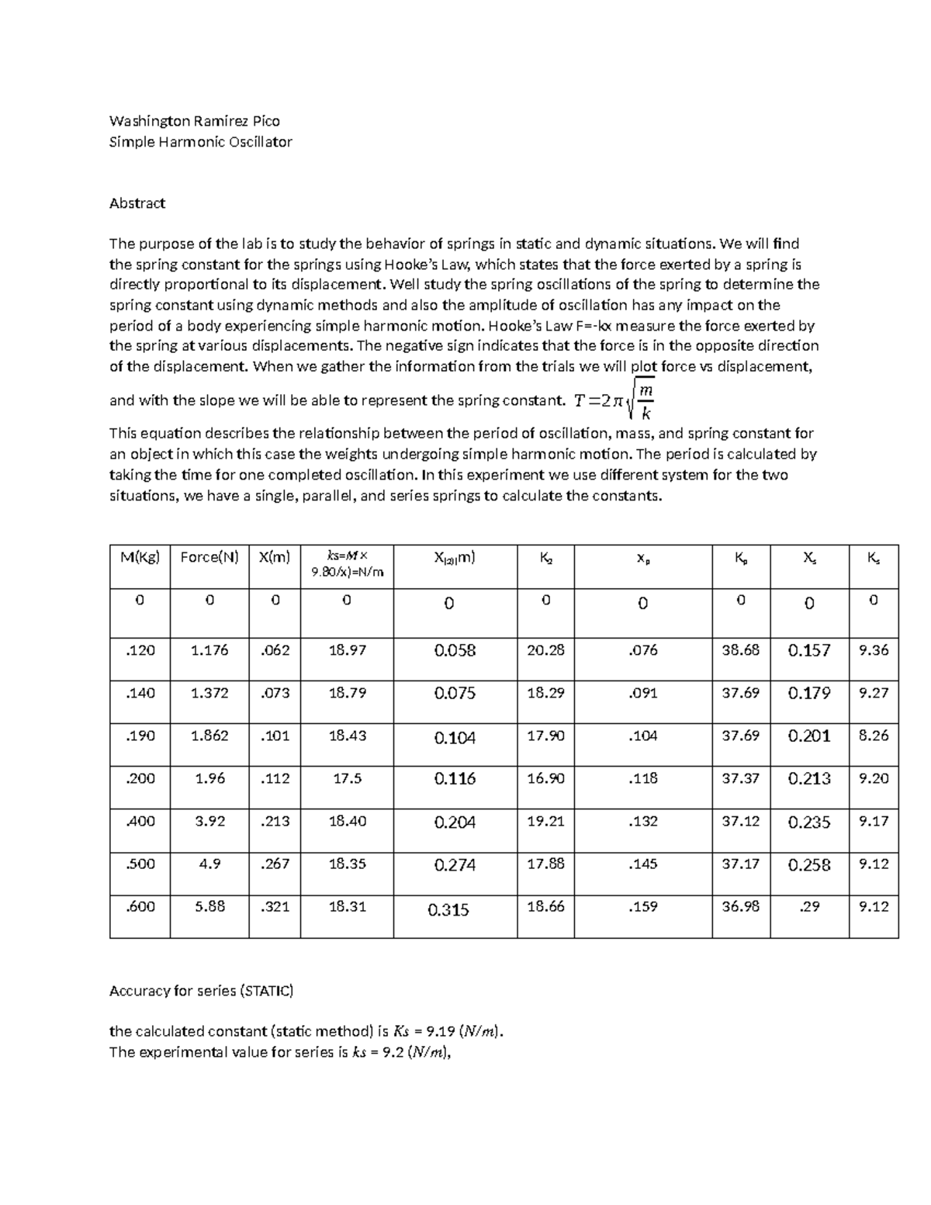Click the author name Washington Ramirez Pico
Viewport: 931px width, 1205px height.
195,121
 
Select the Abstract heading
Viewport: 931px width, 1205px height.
137,203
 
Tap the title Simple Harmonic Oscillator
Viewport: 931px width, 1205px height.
201,142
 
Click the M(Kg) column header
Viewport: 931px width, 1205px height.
140,556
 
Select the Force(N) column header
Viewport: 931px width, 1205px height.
209,556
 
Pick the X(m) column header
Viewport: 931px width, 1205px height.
275,556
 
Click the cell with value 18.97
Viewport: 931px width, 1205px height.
347,650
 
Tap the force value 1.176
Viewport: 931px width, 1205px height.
209,650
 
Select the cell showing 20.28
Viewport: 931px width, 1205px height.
545,650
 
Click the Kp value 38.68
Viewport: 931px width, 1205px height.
740,650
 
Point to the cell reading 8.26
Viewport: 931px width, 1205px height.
874,736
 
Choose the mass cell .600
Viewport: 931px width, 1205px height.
140,906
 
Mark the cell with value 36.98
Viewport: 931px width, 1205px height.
740,906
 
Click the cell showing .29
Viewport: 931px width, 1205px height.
809,907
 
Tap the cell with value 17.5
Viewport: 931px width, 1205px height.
347,778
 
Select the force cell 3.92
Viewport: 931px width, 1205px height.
209,821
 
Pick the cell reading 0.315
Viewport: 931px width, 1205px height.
448,910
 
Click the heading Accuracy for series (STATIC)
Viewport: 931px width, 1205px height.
202,991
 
